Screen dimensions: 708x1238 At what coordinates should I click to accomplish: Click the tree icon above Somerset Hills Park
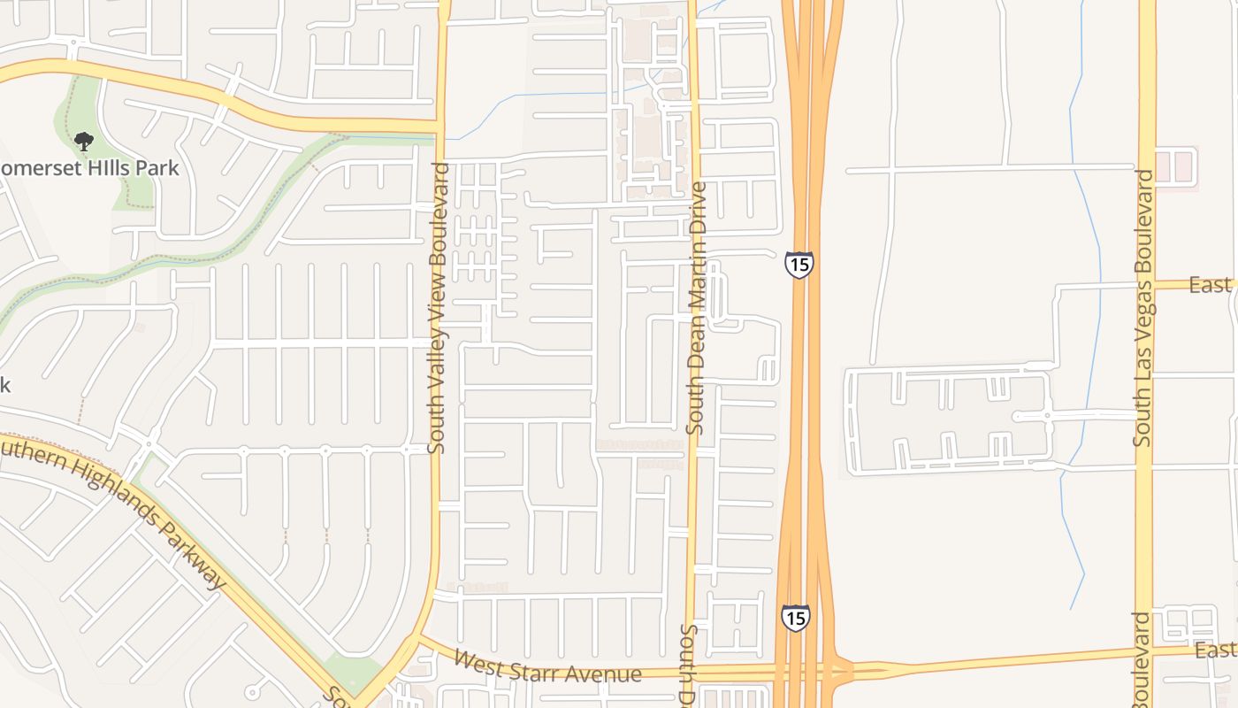pyautogui.click(x=84, y=141)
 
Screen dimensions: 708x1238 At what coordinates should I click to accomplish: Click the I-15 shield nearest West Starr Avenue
pyautogui.click(x=795, y=617)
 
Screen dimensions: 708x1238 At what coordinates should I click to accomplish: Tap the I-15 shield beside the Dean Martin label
pyautogui.click(x=799, y=264)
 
